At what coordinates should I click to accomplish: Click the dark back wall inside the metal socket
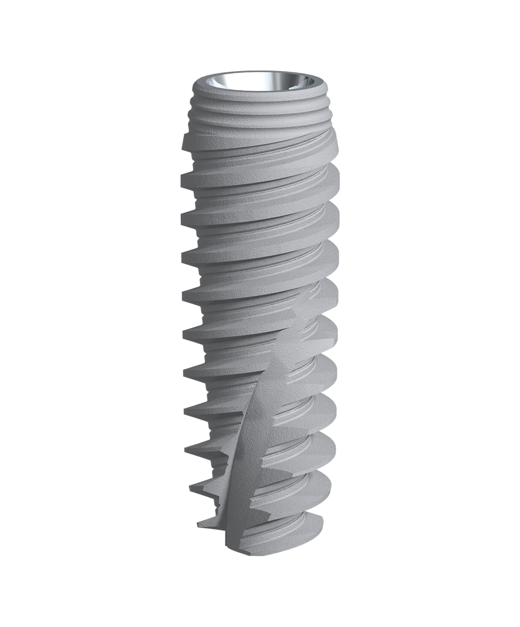[260, 79]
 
